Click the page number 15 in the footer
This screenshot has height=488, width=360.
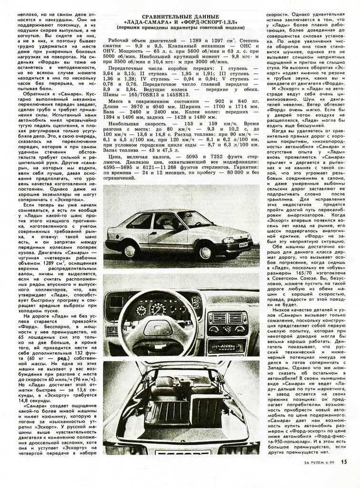point(344,474)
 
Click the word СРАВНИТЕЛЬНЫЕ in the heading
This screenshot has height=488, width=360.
point(156,16)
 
